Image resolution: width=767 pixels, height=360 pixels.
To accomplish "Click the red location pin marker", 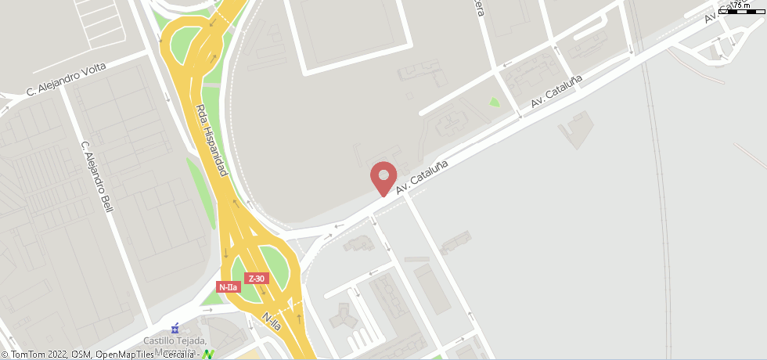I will (x=383, y=176).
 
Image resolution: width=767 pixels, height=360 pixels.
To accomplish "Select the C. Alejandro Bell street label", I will (x=98, y=177).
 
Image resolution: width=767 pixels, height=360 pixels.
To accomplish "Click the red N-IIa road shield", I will (x=228, y=287).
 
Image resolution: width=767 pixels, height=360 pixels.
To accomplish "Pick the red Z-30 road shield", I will (x=257, y=279).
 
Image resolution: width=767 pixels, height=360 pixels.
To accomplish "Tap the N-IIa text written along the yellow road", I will (x=272, y=321).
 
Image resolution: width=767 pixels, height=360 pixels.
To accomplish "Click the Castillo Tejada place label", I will (x=175, y=341).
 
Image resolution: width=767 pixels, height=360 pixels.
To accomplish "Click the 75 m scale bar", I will (x=742, y=8).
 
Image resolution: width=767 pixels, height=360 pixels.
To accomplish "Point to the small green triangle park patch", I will (x=494, y=102).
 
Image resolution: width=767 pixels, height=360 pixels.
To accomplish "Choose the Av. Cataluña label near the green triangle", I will (x=556, y=92).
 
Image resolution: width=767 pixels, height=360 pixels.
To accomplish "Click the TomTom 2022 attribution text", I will (x=35, y=355).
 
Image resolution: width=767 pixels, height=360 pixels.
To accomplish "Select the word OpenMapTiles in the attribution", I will (x=128, y=355).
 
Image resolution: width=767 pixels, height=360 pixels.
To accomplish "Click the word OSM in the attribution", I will (x=82, y=355).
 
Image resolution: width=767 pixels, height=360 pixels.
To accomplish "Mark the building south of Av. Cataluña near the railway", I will (x=576, y=130).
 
